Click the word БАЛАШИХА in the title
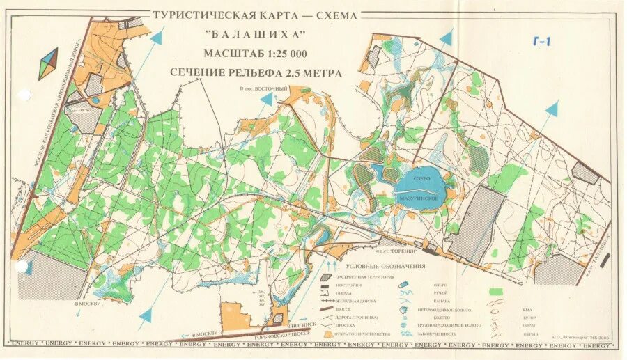pos(256,35)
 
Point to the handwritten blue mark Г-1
pos(539,42)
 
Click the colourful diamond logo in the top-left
pos(48,63)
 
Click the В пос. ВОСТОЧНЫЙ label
pos(263,89)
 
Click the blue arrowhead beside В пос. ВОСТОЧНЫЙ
pos(267,100)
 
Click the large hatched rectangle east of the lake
pos(476,224)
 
